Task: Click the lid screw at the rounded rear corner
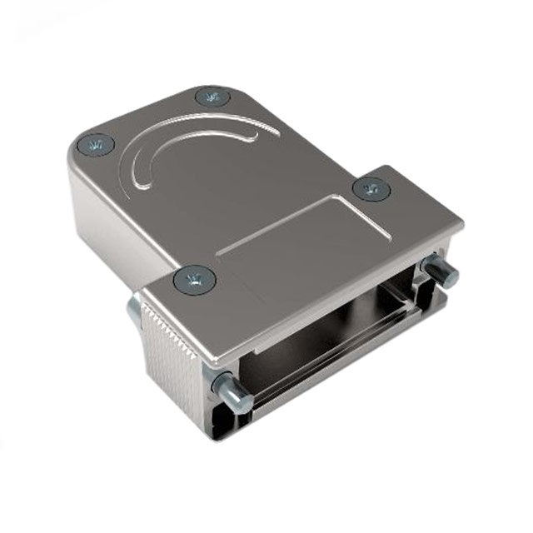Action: [x=212, y=97]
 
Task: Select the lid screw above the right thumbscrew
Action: [x=371, y=189]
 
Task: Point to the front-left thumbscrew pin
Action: [x=231, y=390]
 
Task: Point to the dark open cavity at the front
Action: [x=333, y=316]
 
